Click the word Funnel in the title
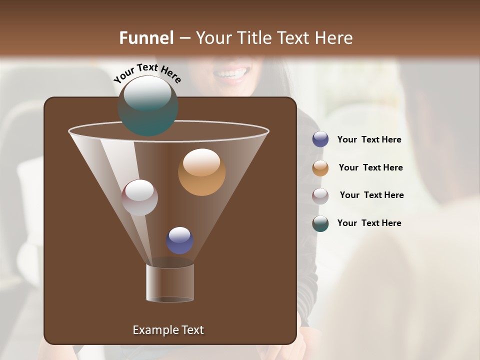click(x=146, y=38)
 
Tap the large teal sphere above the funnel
click(x=147, y=105)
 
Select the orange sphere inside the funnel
click(x=201, y=172)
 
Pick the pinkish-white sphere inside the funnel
click(x=139, y=197)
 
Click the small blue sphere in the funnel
click(x=180, y=240)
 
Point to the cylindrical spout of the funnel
click(x=170, y=282)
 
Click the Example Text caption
click(x=168, y=330)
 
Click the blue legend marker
click(x=320, y=139)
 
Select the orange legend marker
click(x=320, y=168)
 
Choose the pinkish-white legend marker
click(x=320, y=196)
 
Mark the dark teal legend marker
click(x=320, y=223)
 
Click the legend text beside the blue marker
click(x=369, y=140)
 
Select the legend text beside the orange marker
click(x=370, y=168)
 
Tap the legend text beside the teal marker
click(x=369, y=223)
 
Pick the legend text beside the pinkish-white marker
click(x=371, y=195)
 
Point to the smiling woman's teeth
click(x=231, y=73)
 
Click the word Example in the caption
click(x=152, y=330)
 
